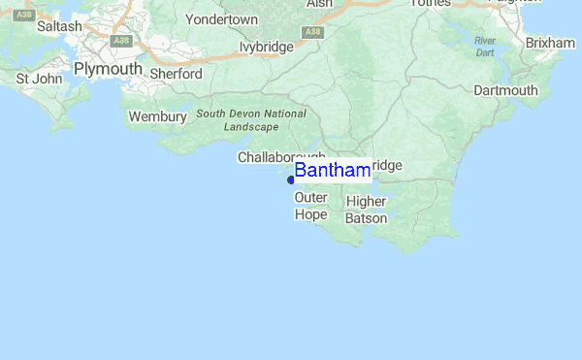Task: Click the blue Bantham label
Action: coord(332,171)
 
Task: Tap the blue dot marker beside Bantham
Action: coord(291,180)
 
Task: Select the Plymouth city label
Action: coord(108,70)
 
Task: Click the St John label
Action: coord(36,78)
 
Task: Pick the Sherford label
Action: coord(176,74)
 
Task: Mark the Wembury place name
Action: coord(157,116)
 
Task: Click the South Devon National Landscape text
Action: coord(251,120)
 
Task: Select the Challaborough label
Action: coord(281,157)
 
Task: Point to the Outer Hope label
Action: coord(311,206)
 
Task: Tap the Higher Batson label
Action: coord(366,210)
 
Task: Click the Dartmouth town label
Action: coord(505,90)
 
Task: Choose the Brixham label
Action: coord(550,44)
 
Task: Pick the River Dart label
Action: coord(485,46)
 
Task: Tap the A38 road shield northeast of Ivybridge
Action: coord(312,32)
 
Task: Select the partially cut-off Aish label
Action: coord(319,4)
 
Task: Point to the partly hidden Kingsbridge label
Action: coord(386,166)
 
